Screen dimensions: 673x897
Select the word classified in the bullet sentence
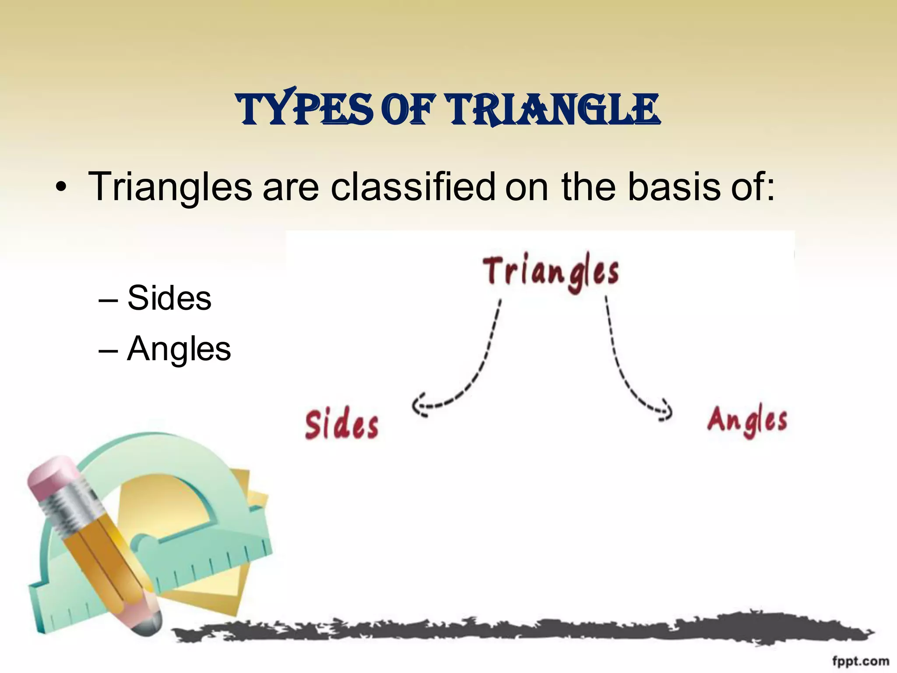coord(413,187)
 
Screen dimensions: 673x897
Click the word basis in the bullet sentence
coord(674,187)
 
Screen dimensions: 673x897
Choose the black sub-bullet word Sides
coord(169,298)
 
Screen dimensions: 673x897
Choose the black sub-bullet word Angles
coord(179,349)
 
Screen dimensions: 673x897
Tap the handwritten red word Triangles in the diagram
coord(551,273)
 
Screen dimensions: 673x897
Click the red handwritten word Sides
coord(342,425)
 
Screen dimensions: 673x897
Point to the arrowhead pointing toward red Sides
coord(418,405)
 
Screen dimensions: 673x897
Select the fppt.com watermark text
coord(860,661)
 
